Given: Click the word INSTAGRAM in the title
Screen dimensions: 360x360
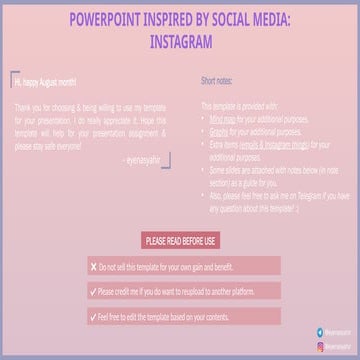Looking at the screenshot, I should [x=180, y=44].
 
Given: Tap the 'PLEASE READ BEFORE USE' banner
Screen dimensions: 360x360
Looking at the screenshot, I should [x=181, y=241].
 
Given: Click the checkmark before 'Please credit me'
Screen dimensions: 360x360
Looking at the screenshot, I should [x=93, y=293].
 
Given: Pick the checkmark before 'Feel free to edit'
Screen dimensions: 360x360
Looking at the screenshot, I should [x=93, y=318].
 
